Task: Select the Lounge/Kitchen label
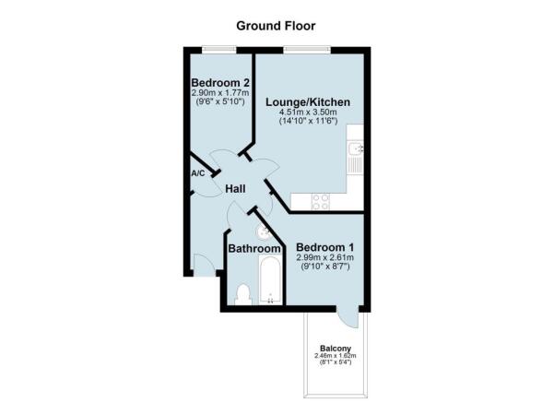[308, 101]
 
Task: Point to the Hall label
[236, 189]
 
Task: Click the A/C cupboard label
[197, 173]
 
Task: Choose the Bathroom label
[254, 249]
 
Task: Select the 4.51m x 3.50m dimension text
[309, 113]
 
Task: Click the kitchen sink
[357, 148]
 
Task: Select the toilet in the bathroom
[243, 294]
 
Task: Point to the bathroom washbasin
[264, 232]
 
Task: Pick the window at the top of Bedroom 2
[218, 48]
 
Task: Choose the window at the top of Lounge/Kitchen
[296, 48]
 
